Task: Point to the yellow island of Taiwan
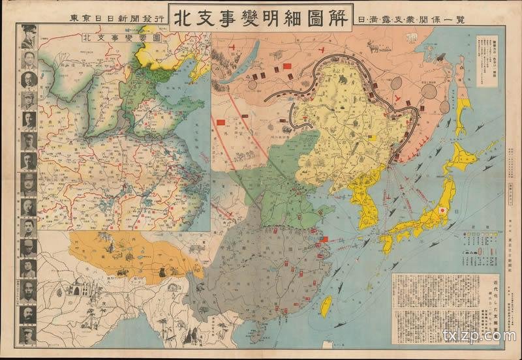tap(326, 306)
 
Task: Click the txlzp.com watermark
tap(478, 337)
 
